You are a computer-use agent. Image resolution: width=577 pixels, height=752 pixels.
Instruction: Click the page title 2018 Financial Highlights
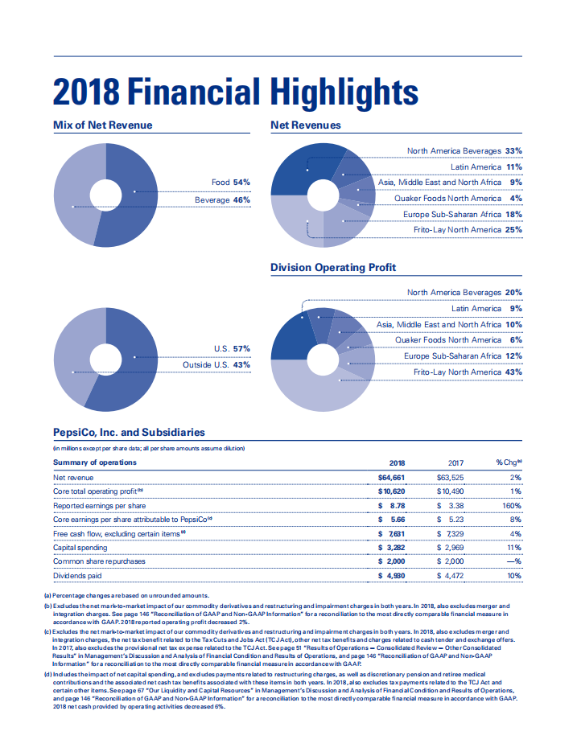pos(235,91)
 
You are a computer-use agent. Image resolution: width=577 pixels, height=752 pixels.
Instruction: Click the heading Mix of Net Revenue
pos(102,125)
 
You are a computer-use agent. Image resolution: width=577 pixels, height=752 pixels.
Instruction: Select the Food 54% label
pos(231,183)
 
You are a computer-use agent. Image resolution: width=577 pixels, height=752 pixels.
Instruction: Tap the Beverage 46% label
pos(222,199)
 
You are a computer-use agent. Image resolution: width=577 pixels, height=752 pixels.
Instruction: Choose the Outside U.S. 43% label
pos(216,364)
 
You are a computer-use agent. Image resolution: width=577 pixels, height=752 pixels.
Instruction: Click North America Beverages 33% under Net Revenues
pos(464,150)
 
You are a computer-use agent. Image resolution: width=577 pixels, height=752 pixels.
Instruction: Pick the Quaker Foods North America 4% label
pos(458,198)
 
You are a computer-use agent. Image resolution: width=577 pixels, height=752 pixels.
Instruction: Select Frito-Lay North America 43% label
pos(468,372)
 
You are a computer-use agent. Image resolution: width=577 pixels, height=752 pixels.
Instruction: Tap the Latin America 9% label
pos(486,308)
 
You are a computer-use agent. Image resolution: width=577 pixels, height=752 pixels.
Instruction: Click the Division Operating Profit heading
pos(332,267)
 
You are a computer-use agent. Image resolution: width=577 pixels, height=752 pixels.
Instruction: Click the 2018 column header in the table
pos(397,462)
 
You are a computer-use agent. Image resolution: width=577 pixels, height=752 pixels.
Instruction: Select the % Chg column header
pos(509,462)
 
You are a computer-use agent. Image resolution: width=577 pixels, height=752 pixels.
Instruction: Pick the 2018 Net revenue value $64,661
pos(391,478)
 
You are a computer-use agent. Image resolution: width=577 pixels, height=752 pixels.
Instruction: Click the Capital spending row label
pos(81,548)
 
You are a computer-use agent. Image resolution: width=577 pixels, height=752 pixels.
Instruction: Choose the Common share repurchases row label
pos(100,561)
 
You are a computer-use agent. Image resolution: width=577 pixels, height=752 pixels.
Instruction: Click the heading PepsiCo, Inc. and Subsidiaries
pos(129,432)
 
